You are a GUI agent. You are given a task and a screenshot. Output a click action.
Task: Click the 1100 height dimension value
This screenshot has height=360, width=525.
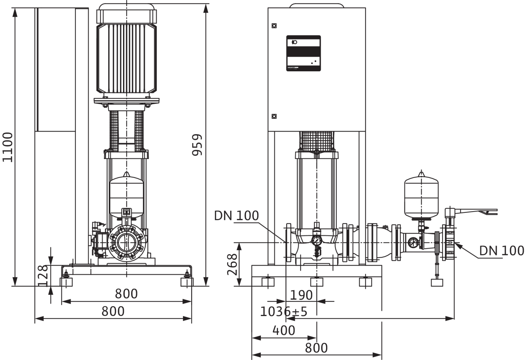[x=7, y=147]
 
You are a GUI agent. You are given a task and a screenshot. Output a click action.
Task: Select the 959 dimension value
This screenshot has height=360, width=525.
[x=197, y=145]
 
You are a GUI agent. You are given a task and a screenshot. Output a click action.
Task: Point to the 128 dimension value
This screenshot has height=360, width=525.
[x=43, y=276]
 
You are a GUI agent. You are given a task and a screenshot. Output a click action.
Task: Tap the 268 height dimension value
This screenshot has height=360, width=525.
[x=232, y=264]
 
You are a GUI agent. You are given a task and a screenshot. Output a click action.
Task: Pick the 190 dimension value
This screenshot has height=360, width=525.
[x=301, y=295]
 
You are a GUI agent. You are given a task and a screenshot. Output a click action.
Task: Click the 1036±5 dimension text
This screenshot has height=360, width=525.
[x=283, y=312]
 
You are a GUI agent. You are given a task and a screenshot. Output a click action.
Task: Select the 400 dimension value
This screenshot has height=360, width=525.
[x=283, y=330]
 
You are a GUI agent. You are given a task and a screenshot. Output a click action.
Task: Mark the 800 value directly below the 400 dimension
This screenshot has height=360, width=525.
[x=316, y=348]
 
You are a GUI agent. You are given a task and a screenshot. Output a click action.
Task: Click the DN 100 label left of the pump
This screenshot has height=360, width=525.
[x=237, y=216]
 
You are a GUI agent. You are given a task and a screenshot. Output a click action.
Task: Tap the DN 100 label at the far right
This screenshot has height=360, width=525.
[x=502, y=251]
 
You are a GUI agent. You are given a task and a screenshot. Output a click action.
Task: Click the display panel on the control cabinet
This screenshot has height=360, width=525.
[x=304, y=53]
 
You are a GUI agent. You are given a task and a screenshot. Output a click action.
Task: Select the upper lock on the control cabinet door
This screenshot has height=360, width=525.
[x=274, y=26]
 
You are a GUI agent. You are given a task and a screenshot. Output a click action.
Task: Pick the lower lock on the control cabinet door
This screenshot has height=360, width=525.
[x=274, y=116]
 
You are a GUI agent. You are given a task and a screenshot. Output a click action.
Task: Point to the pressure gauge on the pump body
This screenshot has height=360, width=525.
[x=317, y=240]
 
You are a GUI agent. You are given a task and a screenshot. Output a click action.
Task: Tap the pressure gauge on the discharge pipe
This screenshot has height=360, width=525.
[x=413, y=242]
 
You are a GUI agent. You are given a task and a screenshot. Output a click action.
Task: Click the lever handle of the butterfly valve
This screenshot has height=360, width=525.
[x=471, y=212]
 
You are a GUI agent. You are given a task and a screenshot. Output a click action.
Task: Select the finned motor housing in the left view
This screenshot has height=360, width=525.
[x=127, y=58]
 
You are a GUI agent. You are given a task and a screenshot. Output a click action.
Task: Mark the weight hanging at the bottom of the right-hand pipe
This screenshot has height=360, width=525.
[x=437, y=283]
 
